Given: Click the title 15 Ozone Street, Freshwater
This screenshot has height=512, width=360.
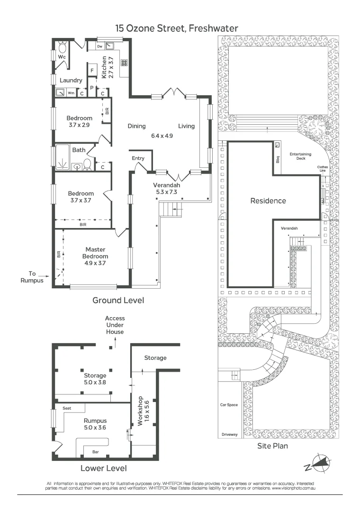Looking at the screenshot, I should click(x=177, y=28).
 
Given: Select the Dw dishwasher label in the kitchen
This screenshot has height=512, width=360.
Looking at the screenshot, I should click(x=100, y=46).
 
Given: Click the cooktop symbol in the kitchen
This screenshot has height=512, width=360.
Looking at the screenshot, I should click(x=124, y=62).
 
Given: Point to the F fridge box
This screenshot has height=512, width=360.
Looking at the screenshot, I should click(x=91, y=71).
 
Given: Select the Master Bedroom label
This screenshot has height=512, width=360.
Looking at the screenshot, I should click(x=95, y=253).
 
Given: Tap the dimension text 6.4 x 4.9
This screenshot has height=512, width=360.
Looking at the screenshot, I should click(x=162, y=136).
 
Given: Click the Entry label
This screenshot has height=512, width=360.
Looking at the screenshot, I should click(x=138, y=158).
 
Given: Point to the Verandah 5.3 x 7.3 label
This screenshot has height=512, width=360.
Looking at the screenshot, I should click(x=165, y=189).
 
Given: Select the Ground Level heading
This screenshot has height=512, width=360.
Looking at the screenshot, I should click(x=118, y=300).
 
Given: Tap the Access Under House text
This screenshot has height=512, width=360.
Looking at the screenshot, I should click(x=115, y=325).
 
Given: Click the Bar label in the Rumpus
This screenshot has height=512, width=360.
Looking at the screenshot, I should click(x=95, y=452).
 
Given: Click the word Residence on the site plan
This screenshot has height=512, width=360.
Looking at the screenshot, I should click(x=268, y=201).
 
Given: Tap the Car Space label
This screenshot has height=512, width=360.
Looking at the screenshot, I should click(x=228, y=405).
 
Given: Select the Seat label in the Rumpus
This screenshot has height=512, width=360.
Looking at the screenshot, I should click(x=61, y=407).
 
